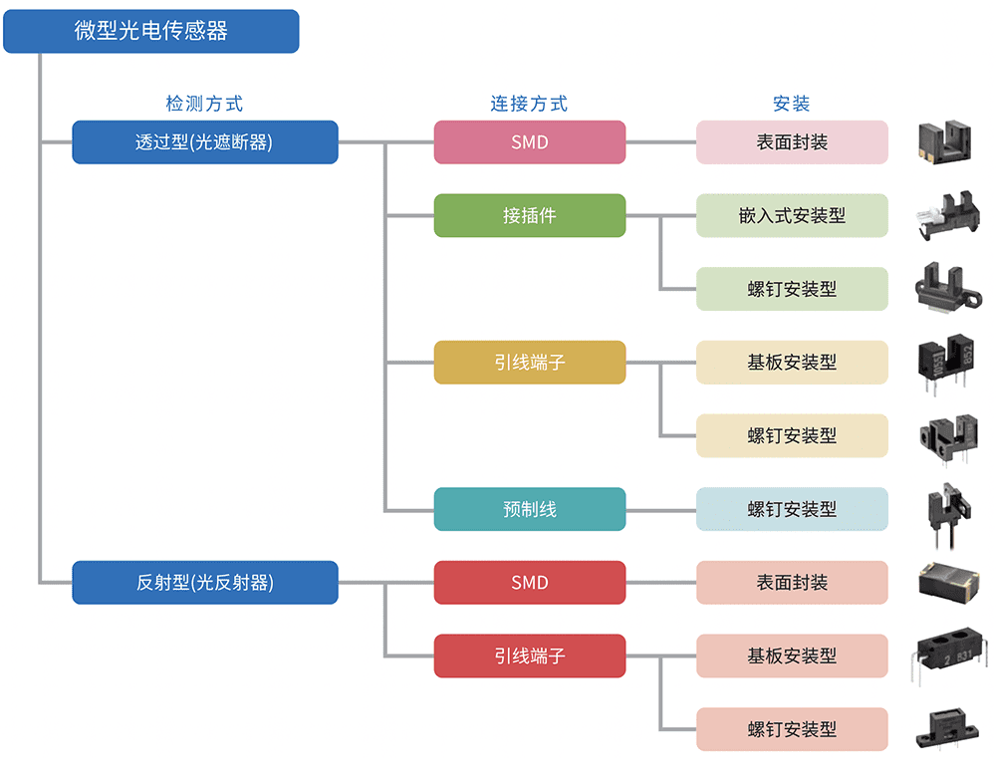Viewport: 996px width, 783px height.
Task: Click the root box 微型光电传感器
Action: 150,31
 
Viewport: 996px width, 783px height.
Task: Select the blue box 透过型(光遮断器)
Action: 204,142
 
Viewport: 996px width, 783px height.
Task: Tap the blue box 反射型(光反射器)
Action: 204,583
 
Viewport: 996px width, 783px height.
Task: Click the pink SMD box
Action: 529,142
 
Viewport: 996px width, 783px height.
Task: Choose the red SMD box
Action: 529,583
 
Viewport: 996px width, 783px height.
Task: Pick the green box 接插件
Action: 529,215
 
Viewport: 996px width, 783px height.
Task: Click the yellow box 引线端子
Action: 529,363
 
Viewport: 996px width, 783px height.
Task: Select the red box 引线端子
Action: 529,655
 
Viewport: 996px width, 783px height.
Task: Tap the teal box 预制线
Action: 529,509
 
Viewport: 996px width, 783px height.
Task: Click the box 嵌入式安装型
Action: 792,215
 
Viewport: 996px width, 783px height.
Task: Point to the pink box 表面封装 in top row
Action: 792,142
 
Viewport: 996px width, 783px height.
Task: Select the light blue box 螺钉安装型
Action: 792,509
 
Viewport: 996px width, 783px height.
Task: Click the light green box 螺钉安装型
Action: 792,289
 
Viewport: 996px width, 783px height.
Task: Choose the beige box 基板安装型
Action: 792,363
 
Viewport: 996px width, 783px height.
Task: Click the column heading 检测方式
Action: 204,104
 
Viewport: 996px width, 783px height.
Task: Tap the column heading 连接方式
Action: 529,104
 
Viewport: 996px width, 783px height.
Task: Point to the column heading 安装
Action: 792,104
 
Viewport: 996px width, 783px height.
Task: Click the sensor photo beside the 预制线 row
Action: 944,511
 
